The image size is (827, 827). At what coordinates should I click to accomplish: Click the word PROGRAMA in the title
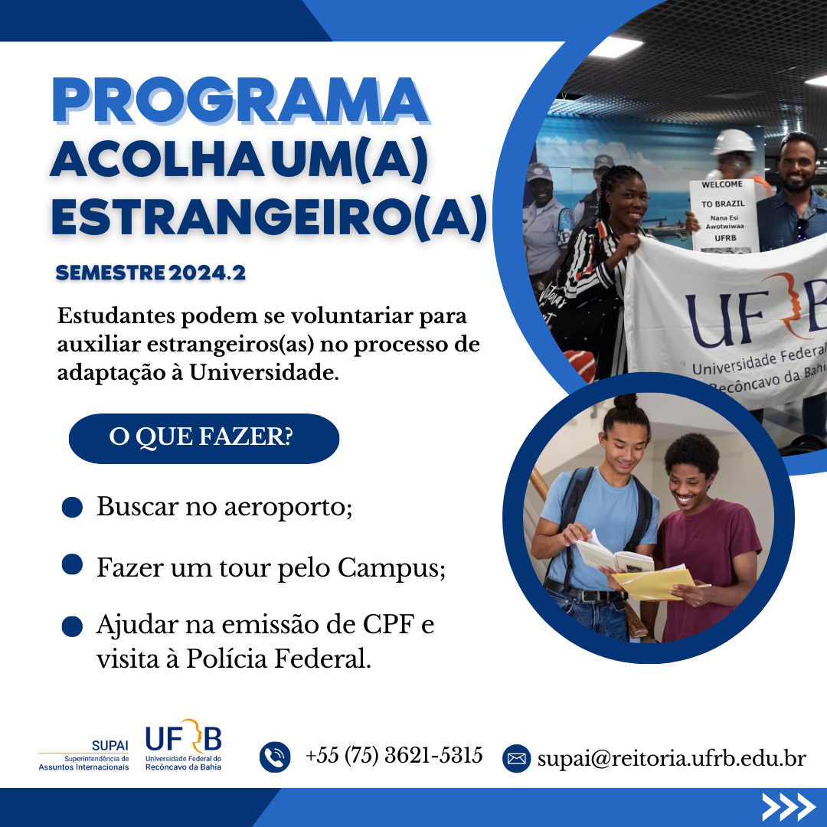click(x=240, y=100)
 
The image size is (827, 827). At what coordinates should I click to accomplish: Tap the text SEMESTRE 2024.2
click(x=151, y=273)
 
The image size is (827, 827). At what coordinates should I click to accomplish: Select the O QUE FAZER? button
click(x=204, y=438)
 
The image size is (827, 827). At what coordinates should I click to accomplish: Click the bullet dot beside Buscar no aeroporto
click(x=72, y=507)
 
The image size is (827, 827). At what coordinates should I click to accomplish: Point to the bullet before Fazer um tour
click(x=72, y=564)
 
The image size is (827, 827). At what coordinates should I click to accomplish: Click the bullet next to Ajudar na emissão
click(x=72, y=626)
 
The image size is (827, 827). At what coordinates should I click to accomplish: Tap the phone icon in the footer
click(x=275, y=757)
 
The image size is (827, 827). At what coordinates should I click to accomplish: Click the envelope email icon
click(x=516, y=758)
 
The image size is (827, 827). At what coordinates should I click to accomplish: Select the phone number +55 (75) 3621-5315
click(x=394, y=755)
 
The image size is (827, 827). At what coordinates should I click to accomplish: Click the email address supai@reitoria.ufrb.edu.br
click(x=672, y=758)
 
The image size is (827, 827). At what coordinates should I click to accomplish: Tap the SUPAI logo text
click(x=110, y=745)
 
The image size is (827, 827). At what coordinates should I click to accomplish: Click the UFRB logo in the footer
click(x=184, y=745)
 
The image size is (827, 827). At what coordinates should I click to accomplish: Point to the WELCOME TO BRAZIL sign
click(x=724, y=214)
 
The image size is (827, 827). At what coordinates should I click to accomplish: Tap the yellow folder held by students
click(x=654, y=582)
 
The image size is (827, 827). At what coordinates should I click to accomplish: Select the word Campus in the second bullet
click(x=391, y=568)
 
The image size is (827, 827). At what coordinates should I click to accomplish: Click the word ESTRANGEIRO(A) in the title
click(x=269, y=217)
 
